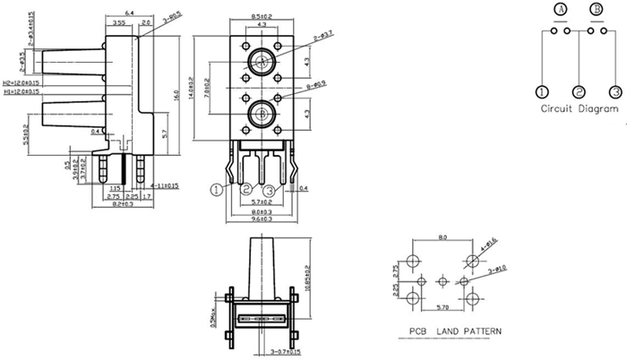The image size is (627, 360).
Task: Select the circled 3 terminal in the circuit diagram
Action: tap(615, 91)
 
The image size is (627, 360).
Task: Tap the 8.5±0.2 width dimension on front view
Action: tap(262, 16)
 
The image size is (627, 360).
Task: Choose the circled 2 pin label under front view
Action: tap(245, 190)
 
